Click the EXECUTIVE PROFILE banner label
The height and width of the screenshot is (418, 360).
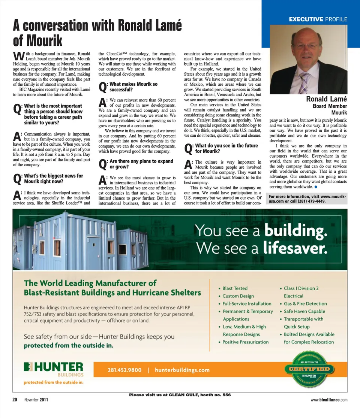[318, 19]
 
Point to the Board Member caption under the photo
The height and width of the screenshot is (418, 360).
[330, 106]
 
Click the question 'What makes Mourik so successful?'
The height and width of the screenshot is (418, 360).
[133, 87]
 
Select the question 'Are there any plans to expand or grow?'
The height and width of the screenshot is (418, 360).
[141, 164]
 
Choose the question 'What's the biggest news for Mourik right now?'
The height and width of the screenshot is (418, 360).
[53, 179]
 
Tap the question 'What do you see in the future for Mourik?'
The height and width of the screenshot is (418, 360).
[226, 148]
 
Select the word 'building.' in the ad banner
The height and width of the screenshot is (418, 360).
[296, 231]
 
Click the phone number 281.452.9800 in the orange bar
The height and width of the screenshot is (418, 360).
[124, 370]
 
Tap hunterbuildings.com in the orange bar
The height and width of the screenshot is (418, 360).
[182, 370]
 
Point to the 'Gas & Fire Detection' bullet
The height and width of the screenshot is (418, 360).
[305, 304]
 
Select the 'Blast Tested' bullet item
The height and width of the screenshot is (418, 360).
[235, 288]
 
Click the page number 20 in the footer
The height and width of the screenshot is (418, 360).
[15, 400]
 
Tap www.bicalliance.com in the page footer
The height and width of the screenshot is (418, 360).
[329, 400]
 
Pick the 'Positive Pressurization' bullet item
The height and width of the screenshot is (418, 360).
[245, 342]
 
